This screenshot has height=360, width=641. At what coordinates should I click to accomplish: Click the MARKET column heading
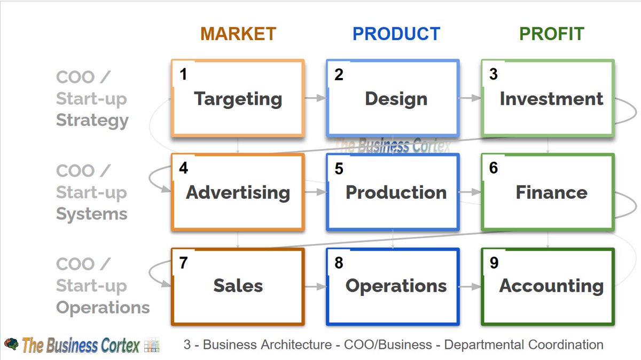pos(238,34)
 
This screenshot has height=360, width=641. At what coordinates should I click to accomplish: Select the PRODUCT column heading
pos(396,34)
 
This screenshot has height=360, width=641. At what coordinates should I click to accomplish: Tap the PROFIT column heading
pos(551,34)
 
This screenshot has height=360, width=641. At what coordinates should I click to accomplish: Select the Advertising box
pos(238,192)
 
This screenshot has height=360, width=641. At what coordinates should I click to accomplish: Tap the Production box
pos(393,192)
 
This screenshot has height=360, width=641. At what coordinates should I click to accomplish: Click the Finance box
pos(548,192)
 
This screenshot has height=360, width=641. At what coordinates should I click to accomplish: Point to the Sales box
pos(238,286)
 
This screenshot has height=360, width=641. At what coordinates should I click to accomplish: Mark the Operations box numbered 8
pos(393,286)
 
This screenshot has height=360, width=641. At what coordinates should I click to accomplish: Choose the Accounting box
pos(548,286)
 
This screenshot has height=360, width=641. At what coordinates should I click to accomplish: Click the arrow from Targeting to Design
pos(315,98)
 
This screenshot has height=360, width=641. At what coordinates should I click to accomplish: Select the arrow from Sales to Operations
pos(315,286)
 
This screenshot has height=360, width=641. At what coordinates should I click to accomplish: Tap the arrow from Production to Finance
pos(470,192)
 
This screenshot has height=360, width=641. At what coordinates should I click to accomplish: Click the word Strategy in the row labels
pos(92,120)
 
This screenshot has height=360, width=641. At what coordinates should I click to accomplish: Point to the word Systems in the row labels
pos(92,214)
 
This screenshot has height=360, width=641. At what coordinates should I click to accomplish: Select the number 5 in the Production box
pos(339,169)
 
